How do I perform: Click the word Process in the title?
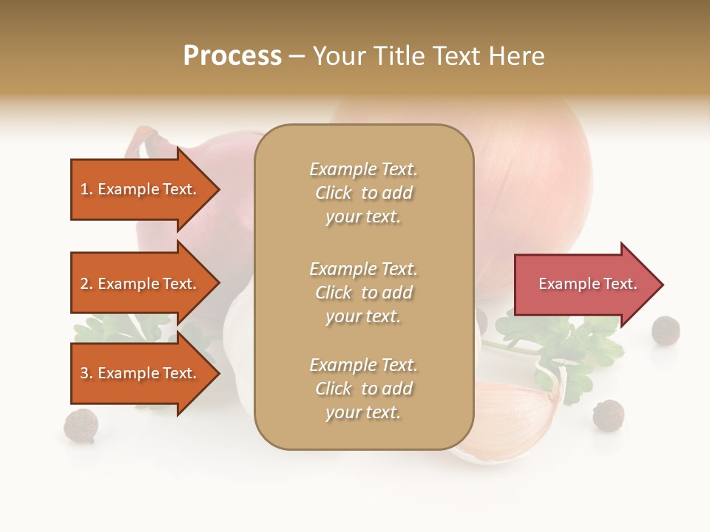pos(232,56)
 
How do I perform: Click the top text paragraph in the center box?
pos(363,193)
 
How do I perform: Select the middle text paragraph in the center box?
pos(363,293)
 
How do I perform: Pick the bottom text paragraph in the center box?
pos(363,389)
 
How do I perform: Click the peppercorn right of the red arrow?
pos(665,330)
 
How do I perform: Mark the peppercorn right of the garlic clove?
pos(608,415)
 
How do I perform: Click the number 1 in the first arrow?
pos(84,189)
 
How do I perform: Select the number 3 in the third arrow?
pos(84,373)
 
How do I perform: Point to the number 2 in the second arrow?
pos(84,284)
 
